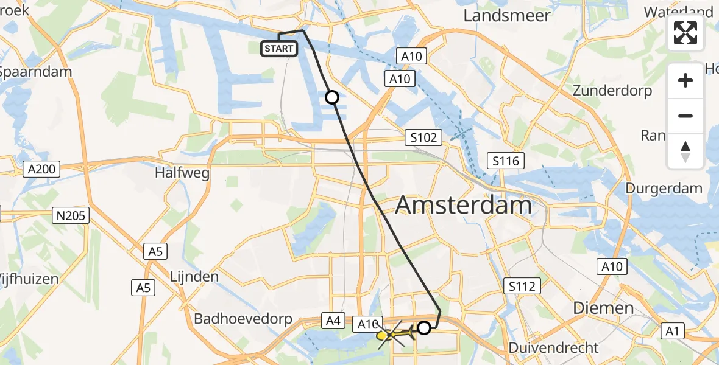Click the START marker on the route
279,49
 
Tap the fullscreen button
685,33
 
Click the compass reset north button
685,151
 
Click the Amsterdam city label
464,206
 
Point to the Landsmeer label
507,16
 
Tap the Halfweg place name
182,173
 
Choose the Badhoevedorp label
243,319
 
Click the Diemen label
603,308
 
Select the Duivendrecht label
554,349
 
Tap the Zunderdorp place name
612,91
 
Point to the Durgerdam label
664,189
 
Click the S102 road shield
423,137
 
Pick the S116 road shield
506,161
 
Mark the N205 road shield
73,215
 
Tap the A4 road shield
333,321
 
